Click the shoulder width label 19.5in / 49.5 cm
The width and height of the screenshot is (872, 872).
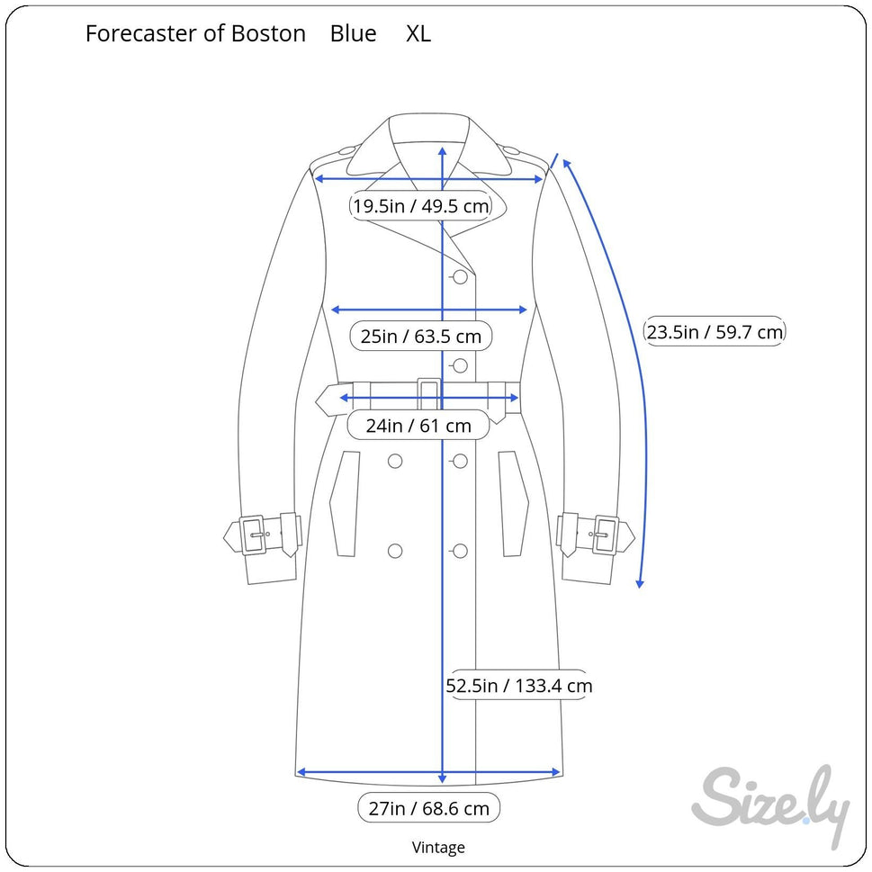click(x=420, y=206)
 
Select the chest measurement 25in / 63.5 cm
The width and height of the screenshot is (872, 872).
click(x=420, y=337)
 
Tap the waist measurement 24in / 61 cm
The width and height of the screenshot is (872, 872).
click(x=418, y=425)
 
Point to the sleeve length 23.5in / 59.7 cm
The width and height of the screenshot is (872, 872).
click(x=715, y=332)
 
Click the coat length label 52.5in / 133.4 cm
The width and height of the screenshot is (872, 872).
click(x=519, y=686)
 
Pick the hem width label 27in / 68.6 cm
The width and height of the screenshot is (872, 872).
click(x=428, y=808)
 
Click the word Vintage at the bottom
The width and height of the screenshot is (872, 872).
click(x=438, y=847)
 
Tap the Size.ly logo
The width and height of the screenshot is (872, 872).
click(x=770, y=803)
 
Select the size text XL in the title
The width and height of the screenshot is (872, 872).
click(x=418, y=34)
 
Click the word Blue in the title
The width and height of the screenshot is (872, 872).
click(x=353, y=34)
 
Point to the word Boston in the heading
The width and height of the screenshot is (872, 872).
click(x=268, y=34)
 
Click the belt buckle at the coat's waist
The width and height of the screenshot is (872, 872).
click(x=429, y=394)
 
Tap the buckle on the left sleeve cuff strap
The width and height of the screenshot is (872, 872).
click(x=253, y=535)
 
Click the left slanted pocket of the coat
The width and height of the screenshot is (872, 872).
click(x=345, y=503)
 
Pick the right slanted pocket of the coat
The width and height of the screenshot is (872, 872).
click(x=513, y=503)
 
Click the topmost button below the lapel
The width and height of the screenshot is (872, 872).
click(x=460, y=277)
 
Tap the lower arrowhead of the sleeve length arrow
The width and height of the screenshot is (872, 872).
click(x=640, y=583)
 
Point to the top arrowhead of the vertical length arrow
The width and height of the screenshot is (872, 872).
click(x=442, y=151)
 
